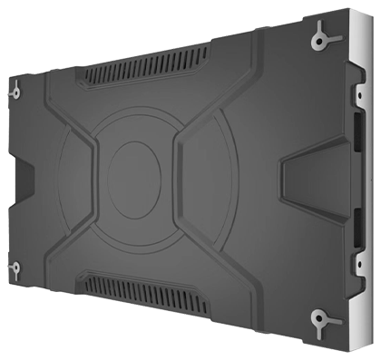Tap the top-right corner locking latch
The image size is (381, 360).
pyautogui.click(x=321, y=37)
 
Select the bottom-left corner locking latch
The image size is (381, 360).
pyautogui.click(x=15, y=268)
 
